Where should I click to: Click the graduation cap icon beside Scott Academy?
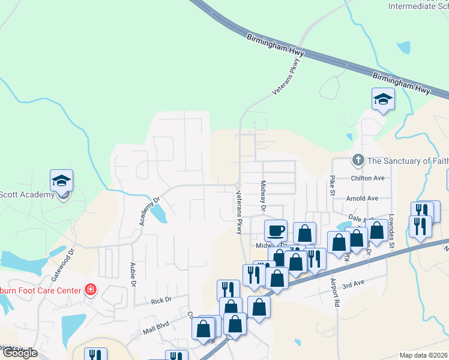[61, 181]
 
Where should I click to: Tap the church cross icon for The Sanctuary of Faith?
[358, 160]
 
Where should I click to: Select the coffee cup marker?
[276, 230]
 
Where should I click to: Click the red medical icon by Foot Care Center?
[90, 290]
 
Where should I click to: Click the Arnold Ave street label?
[362, 198]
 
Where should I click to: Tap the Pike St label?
[331, 185]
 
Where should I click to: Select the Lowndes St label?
[391, 233]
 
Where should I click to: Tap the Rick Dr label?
[161, 299]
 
